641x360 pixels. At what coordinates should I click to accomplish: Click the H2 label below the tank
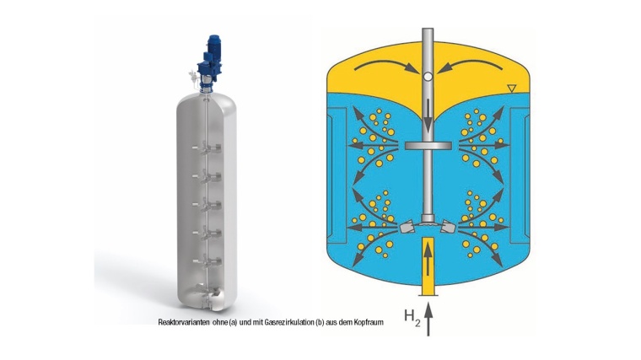pyautogui.click(x=412, y=318)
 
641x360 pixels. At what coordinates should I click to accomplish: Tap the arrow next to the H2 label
pyautogui.click(x=428, y=320)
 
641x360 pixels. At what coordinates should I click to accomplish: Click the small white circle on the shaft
pyautogui.click(x=428, y=76)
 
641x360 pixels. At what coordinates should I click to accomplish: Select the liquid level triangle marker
pyautogui.click(x=511, y=88)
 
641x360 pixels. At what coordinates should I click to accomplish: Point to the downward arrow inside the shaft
pyautogui.click(x=428, y=116)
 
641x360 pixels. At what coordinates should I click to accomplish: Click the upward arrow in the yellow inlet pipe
pyautogui.click(x=428, y=258)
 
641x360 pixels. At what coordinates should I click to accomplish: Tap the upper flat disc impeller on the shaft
pyautogui.click(x=428, y=146)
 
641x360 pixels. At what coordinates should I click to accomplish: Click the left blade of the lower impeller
pyautogui.click(x=407, y=227)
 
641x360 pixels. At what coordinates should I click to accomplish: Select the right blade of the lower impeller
pyautogui.click(x=449, y=227)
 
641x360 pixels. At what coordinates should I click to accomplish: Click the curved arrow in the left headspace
pyautogui.click(x=385, y=64)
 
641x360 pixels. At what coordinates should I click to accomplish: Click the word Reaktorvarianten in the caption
pyautogui.click(x=184, y=322)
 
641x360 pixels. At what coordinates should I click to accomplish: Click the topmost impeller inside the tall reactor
pyautogui.click(x=207, y=148)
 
